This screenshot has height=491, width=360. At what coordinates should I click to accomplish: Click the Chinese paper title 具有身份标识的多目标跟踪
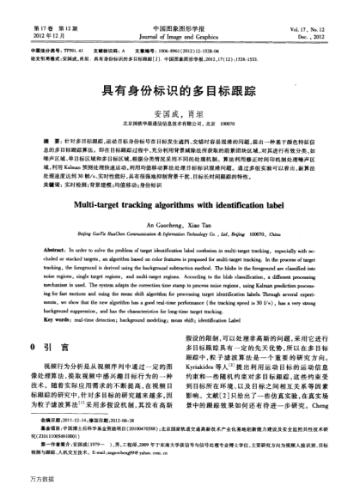180,88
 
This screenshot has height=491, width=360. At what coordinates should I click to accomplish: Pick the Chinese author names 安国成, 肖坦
180,112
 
